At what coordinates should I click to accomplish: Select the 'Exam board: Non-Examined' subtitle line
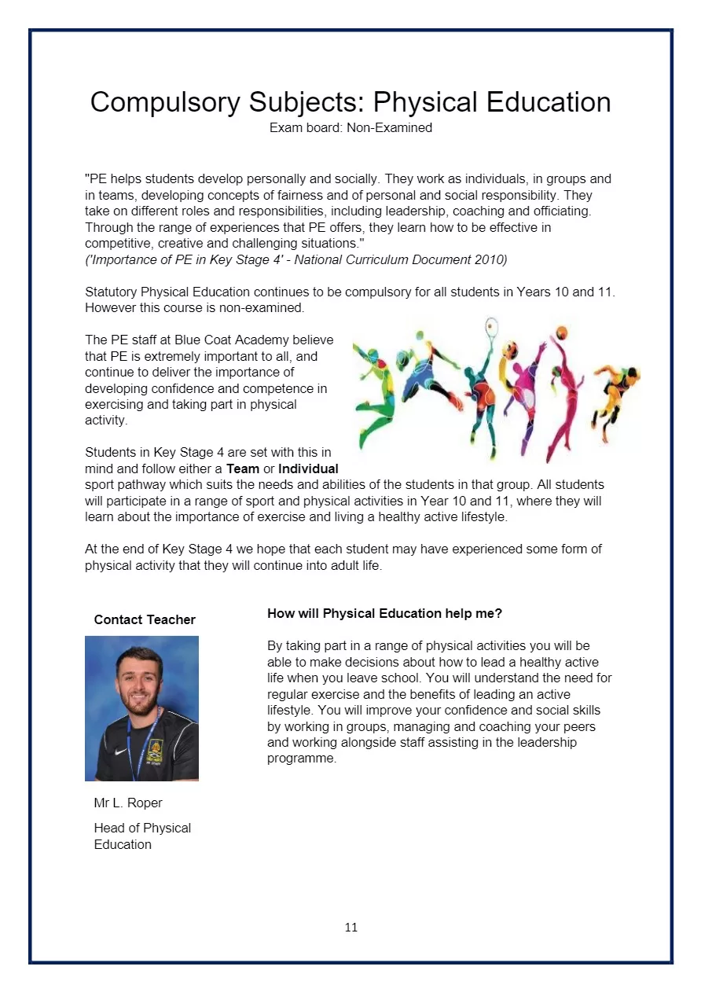point(350,127)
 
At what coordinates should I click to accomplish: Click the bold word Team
point(242,468)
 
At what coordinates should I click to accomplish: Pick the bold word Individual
point(308,468)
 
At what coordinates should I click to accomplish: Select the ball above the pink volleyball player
point(561,332)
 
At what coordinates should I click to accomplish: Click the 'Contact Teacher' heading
point(145,619)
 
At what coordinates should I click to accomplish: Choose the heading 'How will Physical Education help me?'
point(384,613)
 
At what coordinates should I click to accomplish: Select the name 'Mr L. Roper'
point(128,803)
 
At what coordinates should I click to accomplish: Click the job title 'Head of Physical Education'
point(142,836)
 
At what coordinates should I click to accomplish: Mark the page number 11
point(350,927)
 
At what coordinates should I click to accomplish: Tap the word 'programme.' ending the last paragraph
point(302,759)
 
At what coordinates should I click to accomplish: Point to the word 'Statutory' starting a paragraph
point(112,292)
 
